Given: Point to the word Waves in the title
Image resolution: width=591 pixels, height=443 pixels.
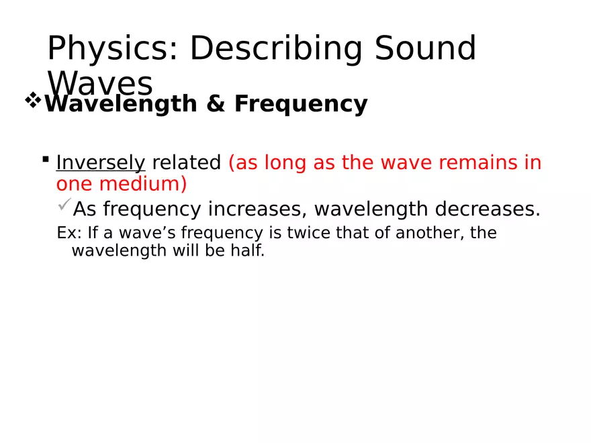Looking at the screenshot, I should pos(101,84).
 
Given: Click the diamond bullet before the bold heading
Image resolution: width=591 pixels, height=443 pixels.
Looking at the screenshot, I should pos(33,102).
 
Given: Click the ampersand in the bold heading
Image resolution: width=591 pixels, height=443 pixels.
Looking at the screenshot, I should pos(216,105).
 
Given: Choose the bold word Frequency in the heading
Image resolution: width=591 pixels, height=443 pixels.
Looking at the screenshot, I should pos(301,105).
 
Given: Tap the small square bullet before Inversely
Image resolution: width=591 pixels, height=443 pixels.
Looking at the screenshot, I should pos(45,160).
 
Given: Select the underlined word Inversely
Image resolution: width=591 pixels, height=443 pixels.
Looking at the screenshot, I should pos(101,163).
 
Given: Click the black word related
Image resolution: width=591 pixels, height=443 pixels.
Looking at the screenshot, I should pos(187,163).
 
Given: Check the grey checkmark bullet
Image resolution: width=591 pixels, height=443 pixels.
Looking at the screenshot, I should pos(64,204).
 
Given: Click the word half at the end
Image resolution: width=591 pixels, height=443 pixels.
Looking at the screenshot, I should pos(249,252).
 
